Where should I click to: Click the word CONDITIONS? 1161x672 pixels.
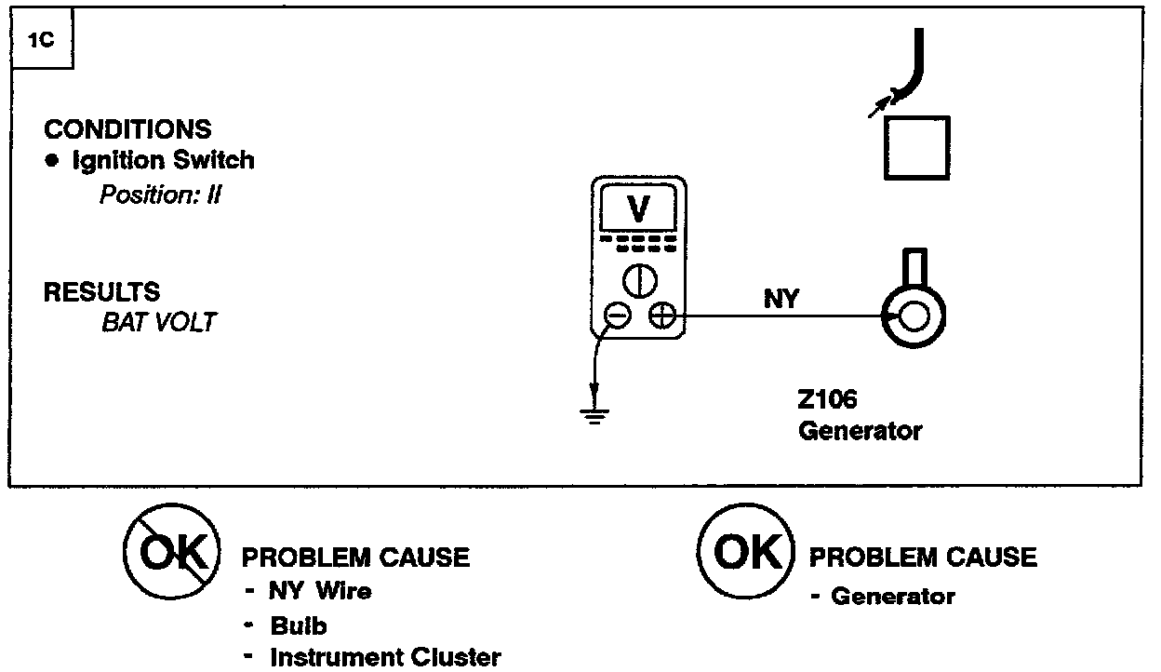coord(127,130)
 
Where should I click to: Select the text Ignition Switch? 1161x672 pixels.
coord(163,160)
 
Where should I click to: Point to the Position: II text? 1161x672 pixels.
coord(160,195)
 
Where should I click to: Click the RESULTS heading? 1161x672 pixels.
coord(101,291)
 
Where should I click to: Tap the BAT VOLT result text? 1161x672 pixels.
coord(158,323)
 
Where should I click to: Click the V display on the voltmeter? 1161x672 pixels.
coord(638,209)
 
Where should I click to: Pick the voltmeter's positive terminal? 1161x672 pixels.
coord(661,317)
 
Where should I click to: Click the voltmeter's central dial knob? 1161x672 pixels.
coord(639,278)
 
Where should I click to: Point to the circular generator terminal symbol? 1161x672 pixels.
coord(913,317)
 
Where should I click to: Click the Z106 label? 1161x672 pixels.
coord(827,401)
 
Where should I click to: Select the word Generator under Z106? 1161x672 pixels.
coord(861,432)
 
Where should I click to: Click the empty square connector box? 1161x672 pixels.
coord(917,147)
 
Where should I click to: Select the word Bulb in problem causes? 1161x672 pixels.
coord(298,625)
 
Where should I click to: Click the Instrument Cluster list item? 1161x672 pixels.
coord(384,657)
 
